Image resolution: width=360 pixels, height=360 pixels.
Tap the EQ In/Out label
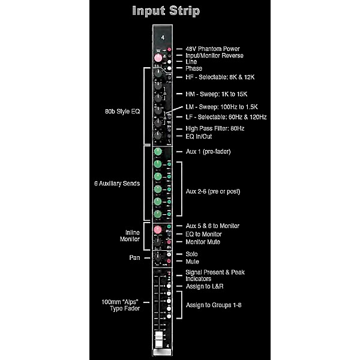click(202, 137)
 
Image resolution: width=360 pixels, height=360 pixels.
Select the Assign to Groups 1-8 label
click(215, 305)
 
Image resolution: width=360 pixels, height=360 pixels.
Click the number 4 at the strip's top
click(162, 37)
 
